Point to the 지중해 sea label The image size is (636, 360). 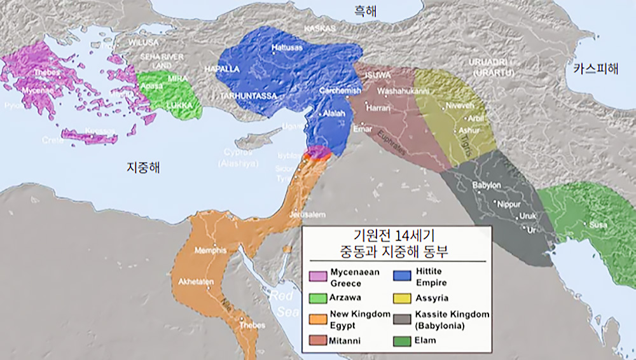pos(142,168)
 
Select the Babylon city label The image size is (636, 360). pos(488,185)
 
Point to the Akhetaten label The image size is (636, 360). pos(196,280)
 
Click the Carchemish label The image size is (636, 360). pos(340,91)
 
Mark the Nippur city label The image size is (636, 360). pos(509,204)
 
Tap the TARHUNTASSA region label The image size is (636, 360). pos(249,95)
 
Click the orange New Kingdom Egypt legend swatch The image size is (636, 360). pos(317,318)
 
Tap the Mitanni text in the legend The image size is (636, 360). pos(345,341)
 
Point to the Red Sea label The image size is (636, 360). pos(282,303)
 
